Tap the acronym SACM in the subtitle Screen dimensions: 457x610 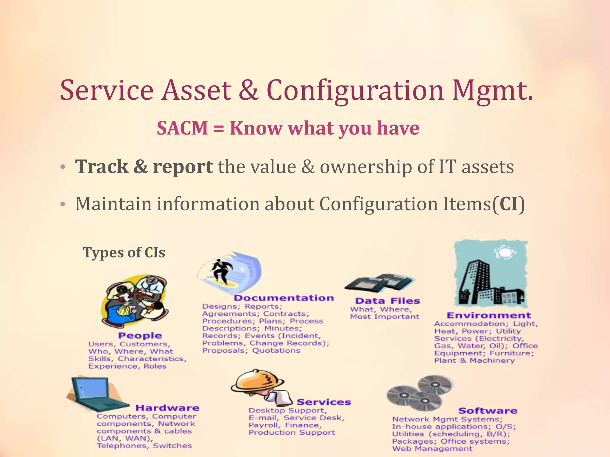point(182,129)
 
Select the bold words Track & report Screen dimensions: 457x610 point(144,167)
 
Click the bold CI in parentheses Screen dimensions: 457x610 point(508,204)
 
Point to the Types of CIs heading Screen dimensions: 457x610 point(124,253)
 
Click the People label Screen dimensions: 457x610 point(140,336)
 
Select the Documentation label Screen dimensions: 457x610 point(284,298)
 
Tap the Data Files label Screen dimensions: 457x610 point(388,301)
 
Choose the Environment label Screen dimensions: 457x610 point(489,315)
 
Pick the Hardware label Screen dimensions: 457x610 point(167,408)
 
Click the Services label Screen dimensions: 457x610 point(324,402)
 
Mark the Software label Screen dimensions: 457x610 point(488,411)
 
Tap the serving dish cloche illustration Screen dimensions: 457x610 point(258,382)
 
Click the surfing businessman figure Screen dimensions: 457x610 point(220,270)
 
